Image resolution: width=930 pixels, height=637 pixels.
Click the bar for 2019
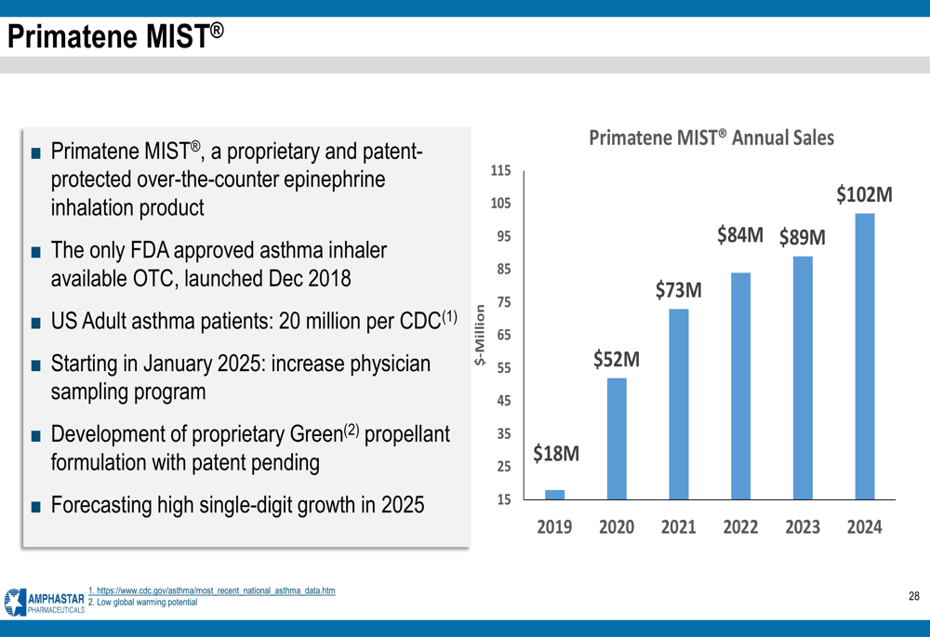coord(554,495)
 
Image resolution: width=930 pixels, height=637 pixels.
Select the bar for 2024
coord(864,357)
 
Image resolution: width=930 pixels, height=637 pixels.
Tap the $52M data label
coord(616,359)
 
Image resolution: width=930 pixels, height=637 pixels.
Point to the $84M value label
coord(739,235)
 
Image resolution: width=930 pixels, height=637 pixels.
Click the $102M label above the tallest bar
coord(864,195)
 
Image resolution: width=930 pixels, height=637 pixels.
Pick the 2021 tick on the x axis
coord(678,527)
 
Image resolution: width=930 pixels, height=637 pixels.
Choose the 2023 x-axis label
coord(802,527)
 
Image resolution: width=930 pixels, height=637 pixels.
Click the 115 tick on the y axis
coord(500,171)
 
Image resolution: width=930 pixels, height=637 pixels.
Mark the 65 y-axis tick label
coord(503,335)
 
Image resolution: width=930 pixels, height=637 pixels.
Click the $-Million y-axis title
coord(480,335)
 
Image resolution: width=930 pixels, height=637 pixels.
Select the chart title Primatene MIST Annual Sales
coord(711,138)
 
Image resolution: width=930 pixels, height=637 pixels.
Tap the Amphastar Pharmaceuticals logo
coord(44,602)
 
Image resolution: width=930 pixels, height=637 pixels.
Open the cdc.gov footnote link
coord(211,591)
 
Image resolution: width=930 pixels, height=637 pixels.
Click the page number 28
coord(913,596)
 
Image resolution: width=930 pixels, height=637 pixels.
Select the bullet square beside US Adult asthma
coord(35,324)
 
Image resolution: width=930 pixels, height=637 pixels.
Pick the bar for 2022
coord(740,386)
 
